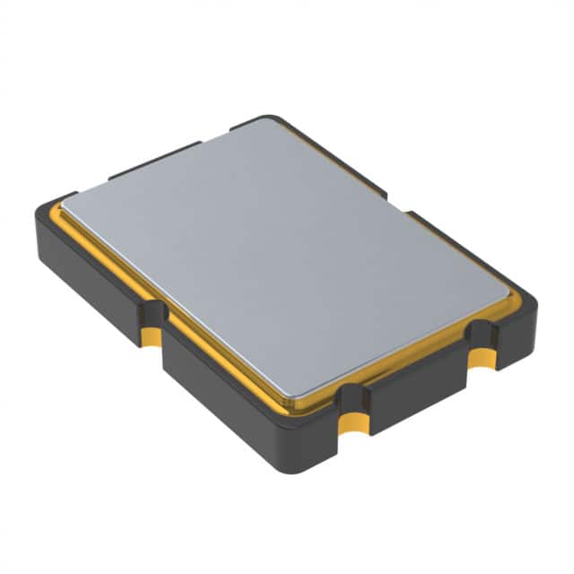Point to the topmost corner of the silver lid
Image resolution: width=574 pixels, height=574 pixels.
[x=266, y=120]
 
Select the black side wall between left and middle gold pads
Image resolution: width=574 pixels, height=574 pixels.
[x=242, y=395]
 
